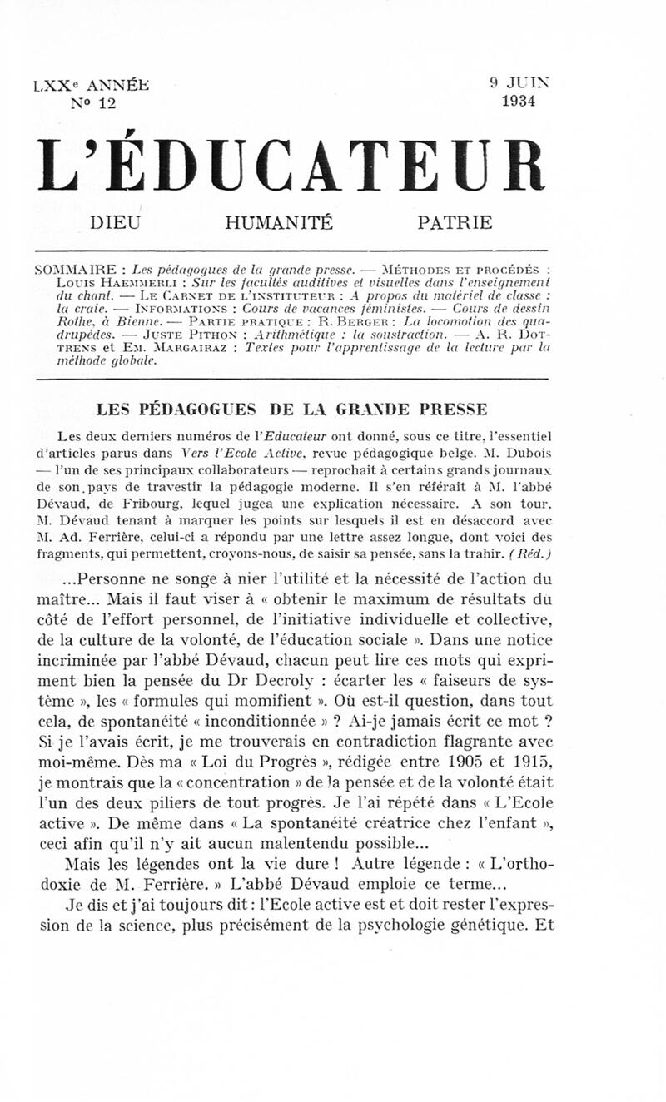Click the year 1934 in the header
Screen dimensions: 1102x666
(519, 102)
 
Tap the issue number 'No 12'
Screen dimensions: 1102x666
(93, 102)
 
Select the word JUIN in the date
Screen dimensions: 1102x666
(528, 83)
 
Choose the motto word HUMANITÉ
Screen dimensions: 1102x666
(279, 223)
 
